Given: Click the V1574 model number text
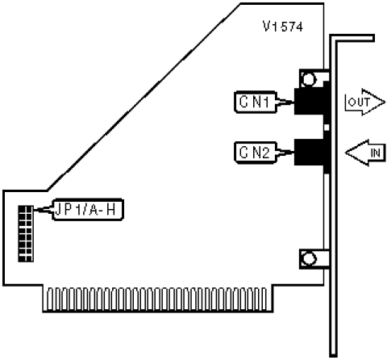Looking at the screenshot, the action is tap(283, 27).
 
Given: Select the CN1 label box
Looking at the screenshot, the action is tap(256, 102).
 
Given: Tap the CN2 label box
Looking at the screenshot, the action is tap(256, 153).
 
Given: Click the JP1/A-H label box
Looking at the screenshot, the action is tap(88, 210).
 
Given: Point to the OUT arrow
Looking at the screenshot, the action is tap(365, 102).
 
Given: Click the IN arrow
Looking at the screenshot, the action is tap(365, 153).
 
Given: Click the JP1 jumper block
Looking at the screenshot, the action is tap(26, 233).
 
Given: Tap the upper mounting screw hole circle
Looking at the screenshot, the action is tap(309, 79).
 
